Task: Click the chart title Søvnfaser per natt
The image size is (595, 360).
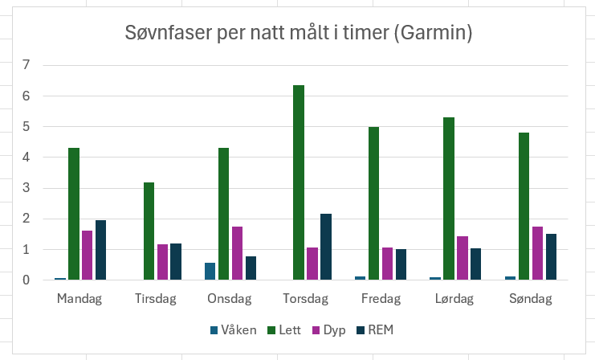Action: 298,33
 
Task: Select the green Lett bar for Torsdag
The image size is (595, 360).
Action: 299,182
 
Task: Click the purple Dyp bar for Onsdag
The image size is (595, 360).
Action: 237,253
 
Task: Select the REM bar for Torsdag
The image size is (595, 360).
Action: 325,247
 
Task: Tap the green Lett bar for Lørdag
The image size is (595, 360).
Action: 448,198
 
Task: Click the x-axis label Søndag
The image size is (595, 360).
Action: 532,299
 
